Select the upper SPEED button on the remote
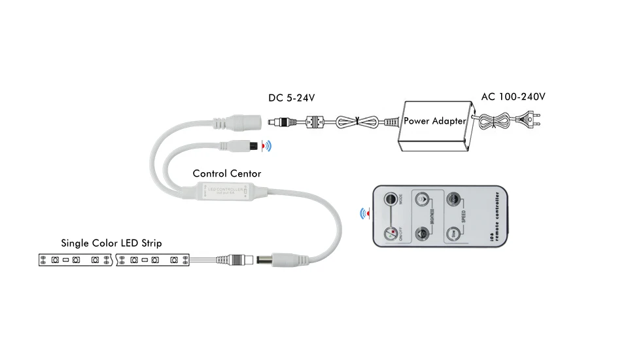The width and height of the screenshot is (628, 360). pyautogui.click(x=451, y=200)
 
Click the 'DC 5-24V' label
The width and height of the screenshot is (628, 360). pyautogui.click(x=291, y=98)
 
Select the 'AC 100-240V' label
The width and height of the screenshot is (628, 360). pyautogui.click(x=513, y=97)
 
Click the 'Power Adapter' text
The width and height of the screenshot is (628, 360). pyautogui.click(x=434, y=121)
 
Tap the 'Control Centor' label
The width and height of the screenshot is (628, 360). pyautogui.click(x=226, y=173)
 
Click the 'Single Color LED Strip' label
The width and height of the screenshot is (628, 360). pyautogui.click(x=111, y=243)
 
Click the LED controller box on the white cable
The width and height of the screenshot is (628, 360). pyautogui.click(x=226, y=191)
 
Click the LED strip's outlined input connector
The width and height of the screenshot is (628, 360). pyautogui.click(x=239, y=259)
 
